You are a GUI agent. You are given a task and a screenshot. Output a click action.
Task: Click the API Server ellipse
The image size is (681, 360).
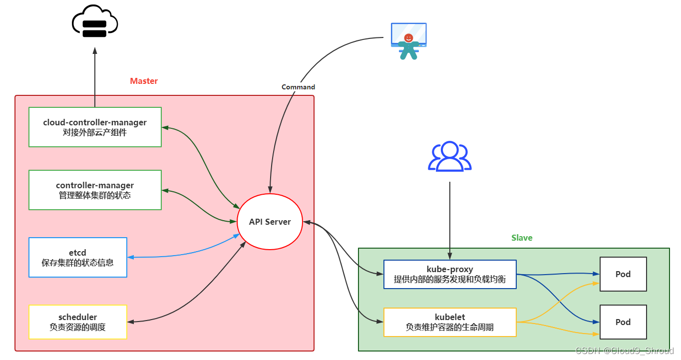270,222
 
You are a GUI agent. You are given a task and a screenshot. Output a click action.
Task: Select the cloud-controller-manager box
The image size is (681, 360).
95,127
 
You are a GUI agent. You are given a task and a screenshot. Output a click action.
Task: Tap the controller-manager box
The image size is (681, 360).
95,190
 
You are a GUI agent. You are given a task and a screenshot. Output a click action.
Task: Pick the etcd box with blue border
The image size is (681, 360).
78,257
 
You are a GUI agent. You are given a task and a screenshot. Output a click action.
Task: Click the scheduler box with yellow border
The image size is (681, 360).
78,322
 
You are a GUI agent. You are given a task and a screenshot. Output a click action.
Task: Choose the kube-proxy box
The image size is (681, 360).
449,274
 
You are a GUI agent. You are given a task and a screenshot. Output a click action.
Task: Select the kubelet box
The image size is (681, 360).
449,322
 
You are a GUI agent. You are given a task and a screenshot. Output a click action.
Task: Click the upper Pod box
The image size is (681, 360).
623,274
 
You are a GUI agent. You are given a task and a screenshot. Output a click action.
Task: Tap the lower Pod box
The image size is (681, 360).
623,322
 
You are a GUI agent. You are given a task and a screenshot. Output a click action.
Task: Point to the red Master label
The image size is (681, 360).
144,81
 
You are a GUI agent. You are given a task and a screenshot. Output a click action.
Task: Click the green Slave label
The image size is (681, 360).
522,238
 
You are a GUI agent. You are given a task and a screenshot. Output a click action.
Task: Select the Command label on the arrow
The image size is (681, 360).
298,87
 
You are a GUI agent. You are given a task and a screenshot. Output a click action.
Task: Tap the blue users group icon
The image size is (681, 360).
450,156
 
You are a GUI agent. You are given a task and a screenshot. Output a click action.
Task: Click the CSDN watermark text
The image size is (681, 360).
624,351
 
